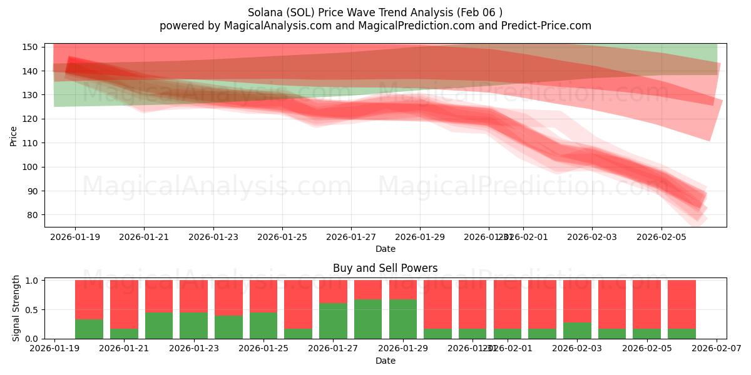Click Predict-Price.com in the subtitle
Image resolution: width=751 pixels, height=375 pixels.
click(543, 26)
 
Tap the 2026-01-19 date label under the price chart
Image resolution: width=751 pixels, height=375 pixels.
click(75, 237)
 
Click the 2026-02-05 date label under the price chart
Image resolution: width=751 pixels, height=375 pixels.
click(662, 237)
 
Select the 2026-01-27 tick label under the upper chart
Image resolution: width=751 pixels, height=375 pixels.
click(350, 237)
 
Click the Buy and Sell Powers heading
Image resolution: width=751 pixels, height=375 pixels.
click(385, 268)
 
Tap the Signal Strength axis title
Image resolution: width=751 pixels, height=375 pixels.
click(16, 308)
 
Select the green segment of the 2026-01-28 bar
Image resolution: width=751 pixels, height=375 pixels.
click(368, 319)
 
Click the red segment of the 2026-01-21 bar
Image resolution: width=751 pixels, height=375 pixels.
click(124, 304)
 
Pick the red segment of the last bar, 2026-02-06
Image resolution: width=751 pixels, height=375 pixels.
click(682, 304)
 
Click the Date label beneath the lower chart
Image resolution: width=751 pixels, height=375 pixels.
click(385, 361)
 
